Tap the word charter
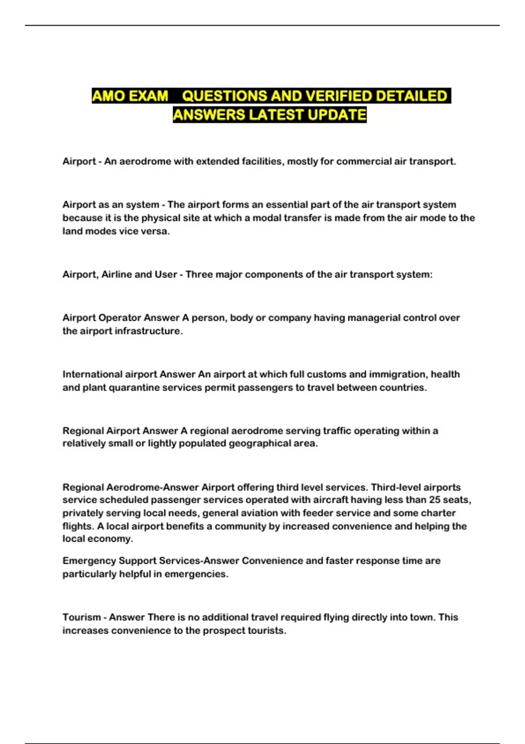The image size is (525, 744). [439, 513]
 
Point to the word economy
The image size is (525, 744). [111, 539]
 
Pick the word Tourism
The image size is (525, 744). [81, 617]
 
